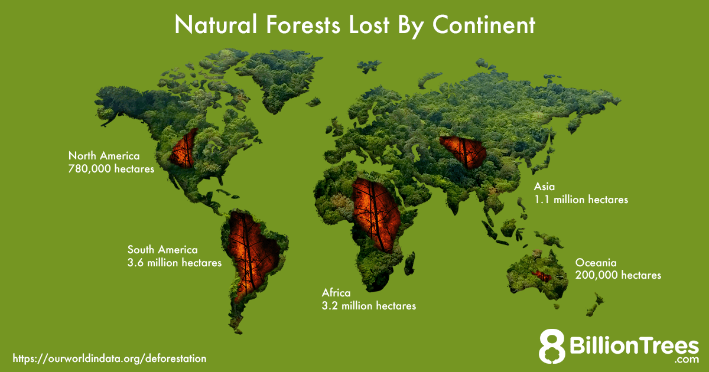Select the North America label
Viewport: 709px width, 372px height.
coord(104,156)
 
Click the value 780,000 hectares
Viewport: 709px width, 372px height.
coord(111,169)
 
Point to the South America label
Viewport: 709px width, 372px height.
coord(162,250)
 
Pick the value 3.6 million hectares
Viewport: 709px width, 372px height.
coord(174,263)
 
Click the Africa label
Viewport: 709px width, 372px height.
coord(336,293)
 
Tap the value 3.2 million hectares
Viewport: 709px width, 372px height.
coord(369,306)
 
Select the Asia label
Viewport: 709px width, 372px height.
coord(544,187)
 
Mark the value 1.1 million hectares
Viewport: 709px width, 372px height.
coord(581,200)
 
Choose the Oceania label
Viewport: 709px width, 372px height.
coord(596,262)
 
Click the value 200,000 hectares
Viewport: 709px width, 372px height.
coord(618,275)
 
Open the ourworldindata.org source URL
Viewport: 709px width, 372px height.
coord(109,358)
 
